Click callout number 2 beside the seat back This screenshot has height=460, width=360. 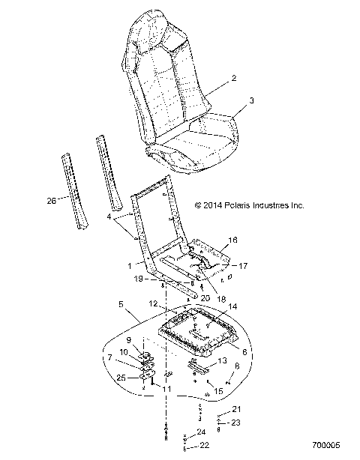click(x=234, y=78)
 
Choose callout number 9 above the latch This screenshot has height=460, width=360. click(x=128, y=339)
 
